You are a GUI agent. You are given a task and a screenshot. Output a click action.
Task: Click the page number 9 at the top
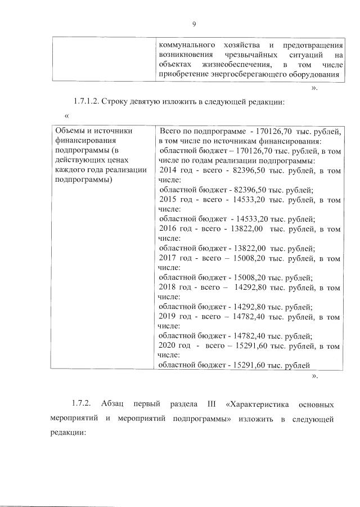[x=193, y=24]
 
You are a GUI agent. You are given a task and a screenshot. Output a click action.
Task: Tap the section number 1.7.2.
[x=83, y=405]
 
